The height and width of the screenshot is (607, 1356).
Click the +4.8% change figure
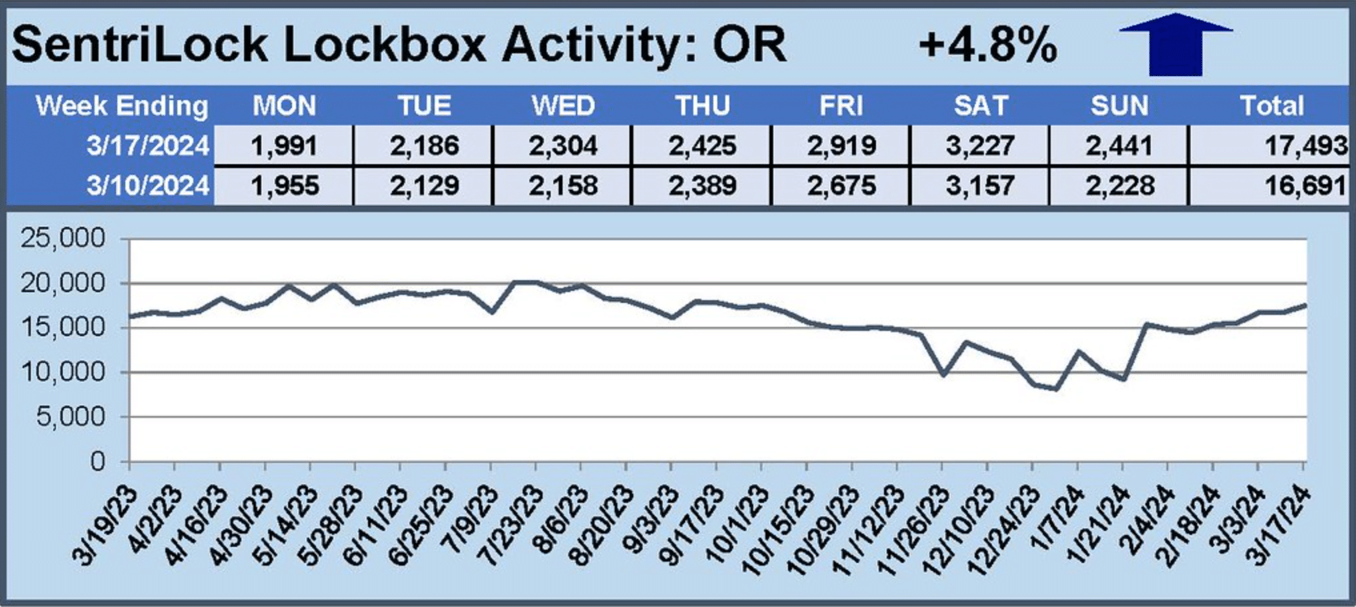coord(987,45)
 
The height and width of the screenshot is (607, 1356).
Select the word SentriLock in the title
coord(139,45)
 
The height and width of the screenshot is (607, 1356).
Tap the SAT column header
coord(980,106)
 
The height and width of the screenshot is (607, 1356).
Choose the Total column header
coord(1271,106)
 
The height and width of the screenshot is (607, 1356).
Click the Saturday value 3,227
coord(980,145)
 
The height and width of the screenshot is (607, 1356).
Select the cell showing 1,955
coord(284,185)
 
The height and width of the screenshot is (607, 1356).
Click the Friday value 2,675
coord(841,185)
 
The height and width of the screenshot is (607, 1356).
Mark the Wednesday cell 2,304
coord(563,145)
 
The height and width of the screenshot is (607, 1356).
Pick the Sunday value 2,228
coord(1119,185)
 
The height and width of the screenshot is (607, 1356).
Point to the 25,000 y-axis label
coord(63,238)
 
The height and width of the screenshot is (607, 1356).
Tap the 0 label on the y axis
coord(97,462)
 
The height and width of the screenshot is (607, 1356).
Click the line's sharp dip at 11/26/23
coord(943,375)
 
